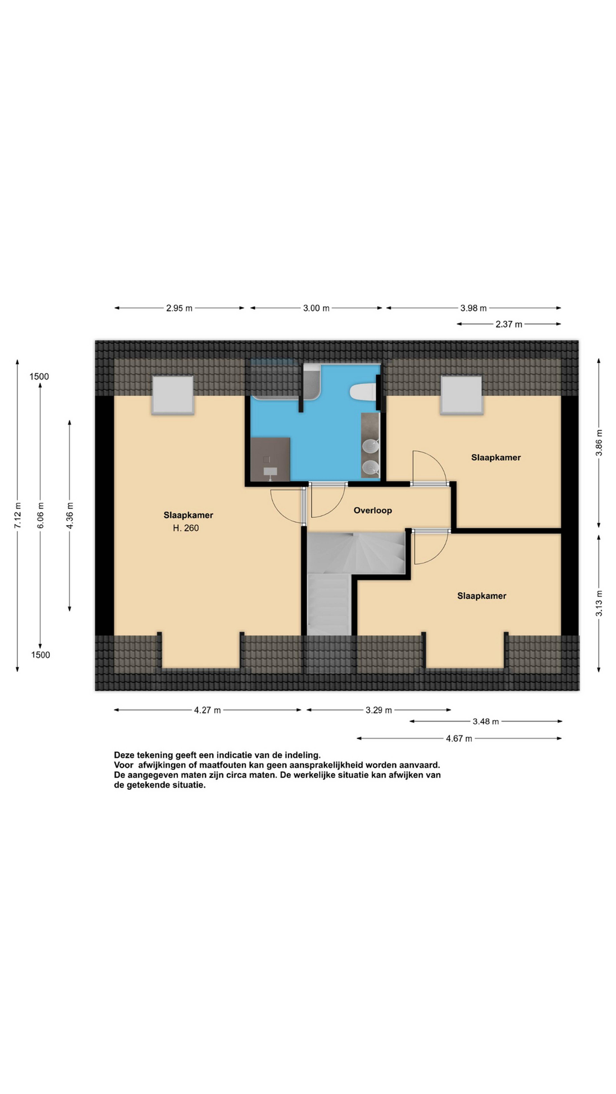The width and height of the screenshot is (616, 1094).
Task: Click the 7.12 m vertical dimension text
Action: coord(17,515)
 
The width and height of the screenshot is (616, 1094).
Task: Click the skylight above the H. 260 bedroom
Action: coord(173,395)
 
